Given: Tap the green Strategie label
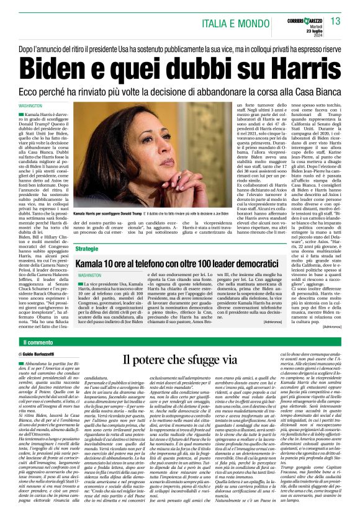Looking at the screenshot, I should (87, 248).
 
